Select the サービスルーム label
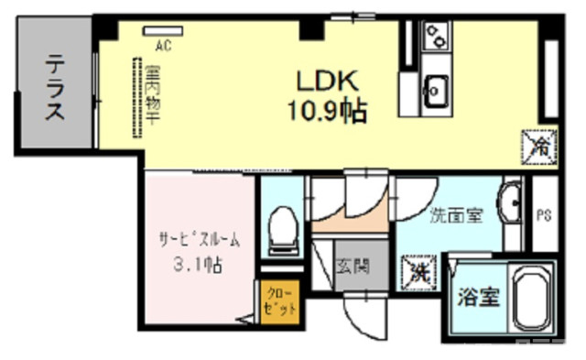pos(196,239)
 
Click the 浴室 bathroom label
pos(478,298)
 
